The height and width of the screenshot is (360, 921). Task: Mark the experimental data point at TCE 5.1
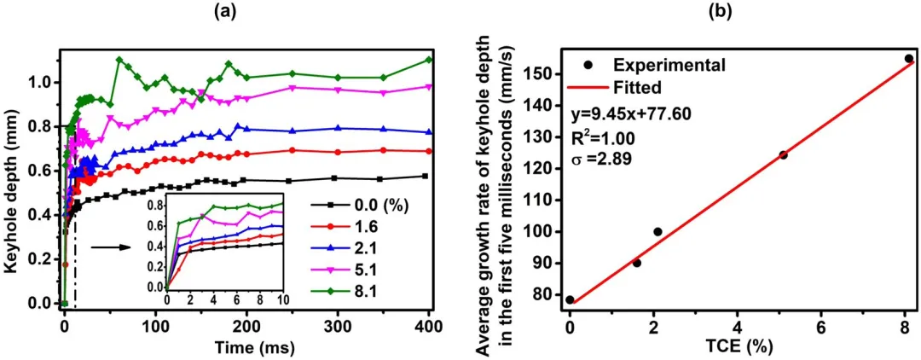pos(783,154)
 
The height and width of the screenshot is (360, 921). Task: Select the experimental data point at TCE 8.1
pos(908,59)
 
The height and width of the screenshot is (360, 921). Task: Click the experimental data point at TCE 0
pos(570,299)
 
